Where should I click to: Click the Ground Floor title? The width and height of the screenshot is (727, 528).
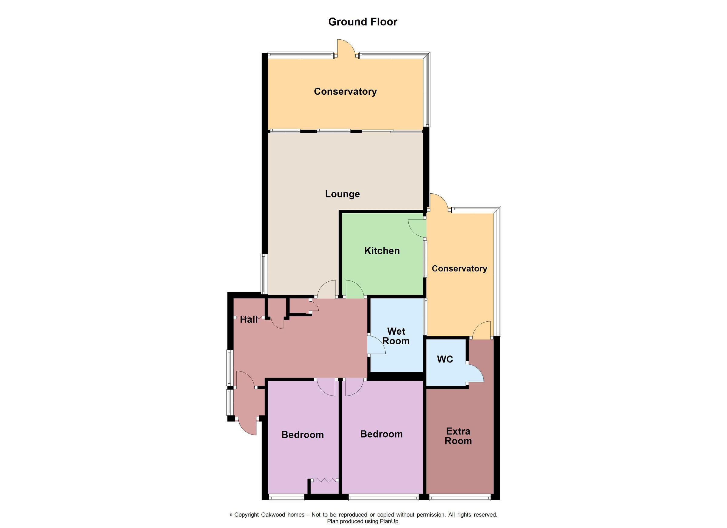(x=363, y=22)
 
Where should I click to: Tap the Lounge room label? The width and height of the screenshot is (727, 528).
(x=342, y=194)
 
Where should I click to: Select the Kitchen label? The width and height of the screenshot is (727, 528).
(x=382, y=251)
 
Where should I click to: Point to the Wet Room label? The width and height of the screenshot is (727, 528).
(x=396, y=336)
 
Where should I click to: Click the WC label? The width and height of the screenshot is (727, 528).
(x=445, y=359)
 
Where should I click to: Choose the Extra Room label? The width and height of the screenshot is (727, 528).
(x=458, y=436)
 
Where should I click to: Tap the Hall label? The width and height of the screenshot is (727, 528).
(x=248, y=319)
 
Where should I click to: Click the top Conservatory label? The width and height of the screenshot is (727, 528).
(x=345, y=92)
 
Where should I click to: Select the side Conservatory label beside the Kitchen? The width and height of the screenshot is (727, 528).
(x=459, y=268)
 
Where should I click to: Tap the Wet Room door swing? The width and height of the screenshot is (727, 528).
(x=376, y=345)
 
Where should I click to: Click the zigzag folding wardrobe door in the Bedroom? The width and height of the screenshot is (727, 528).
(x=325, y=480)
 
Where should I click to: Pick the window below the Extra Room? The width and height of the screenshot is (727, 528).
(x=460, y=497)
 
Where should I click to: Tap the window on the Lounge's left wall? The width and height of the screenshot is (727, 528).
(x=264, y=274)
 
